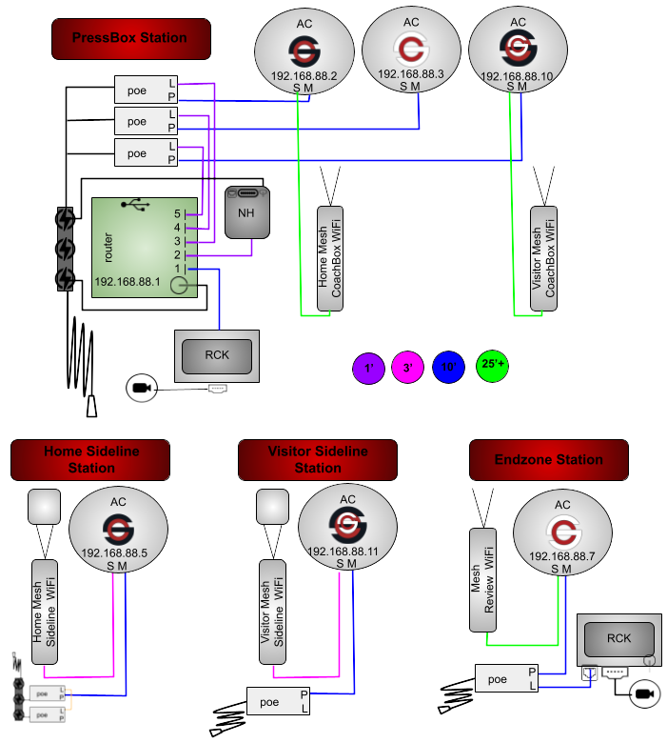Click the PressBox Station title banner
(130, 38)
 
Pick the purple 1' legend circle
(366, 367)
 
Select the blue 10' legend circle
(450, 367)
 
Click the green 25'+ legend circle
(492, 366)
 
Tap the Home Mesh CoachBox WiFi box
(329, 258)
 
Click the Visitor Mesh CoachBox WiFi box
(542, 258)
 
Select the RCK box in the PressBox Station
(217, 356)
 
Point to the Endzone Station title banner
(549, 460)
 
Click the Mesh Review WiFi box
(482, 578)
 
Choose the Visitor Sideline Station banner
(318, 460)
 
